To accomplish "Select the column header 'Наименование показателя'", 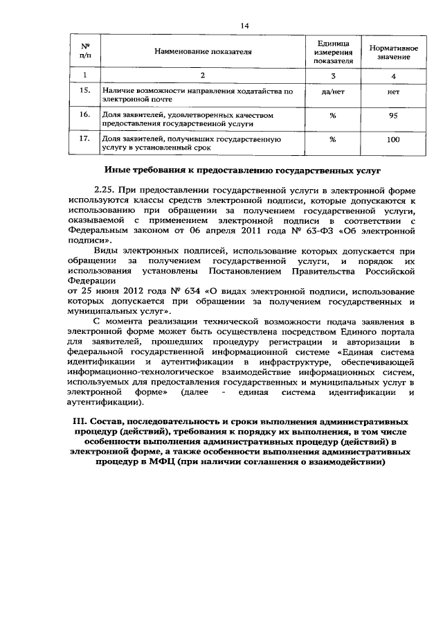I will pyautogui.click(x=203, y=52).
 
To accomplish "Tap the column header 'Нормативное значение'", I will pyautogui.click(x=392, y=52).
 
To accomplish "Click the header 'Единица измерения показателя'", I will pyautogui.click(x=332, y=52).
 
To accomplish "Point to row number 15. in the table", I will pyautogui.click(x=85, y=91).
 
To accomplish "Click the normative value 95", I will pyautogui.click(x=392, y=116).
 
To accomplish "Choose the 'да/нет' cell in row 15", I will pyautogui.click(x=332, y=91).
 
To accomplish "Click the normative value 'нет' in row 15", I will pyautogui.click(x=392, y=91).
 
